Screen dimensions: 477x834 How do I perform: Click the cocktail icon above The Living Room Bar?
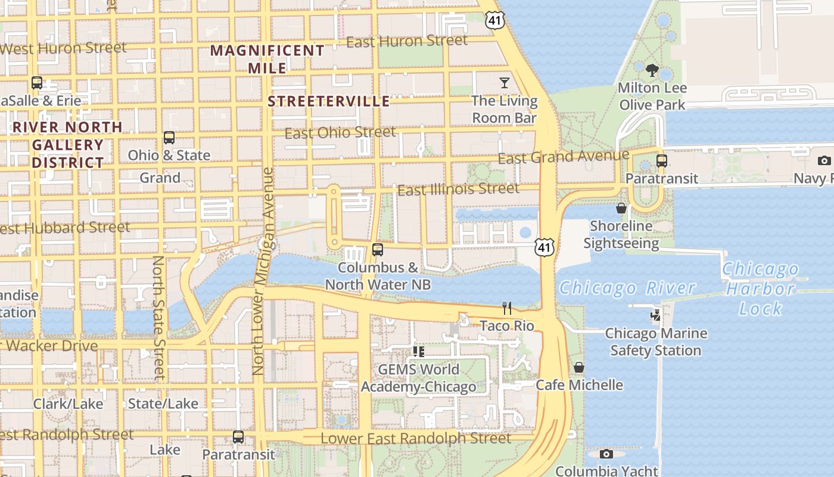505,82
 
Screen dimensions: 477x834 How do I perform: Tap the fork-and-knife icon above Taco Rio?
507,308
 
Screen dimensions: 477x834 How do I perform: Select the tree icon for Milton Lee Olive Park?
652,70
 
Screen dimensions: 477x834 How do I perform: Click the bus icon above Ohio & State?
169,138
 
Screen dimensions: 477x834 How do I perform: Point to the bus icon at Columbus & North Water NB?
377,250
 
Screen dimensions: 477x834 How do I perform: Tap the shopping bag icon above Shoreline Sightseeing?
621,208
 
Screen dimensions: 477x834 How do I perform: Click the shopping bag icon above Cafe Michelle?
579,367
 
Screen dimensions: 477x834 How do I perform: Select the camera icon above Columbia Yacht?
606,454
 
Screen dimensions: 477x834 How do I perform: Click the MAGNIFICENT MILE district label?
267,59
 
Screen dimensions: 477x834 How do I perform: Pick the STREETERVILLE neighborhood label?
329,101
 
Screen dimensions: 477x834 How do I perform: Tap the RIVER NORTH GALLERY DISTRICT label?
67,145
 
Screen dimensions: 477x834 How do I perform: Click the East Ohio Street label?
340,132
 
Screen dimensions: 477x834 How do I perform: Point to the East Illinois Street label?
458,190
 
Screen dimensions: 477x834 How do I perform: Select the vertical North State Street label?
158,317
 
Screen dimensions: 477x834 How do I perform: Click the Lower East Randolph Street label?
416,438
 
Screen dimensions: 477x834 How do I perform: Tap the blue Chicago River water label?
627,289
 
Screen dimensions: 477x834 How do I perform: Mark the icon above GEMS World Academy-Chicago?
419,352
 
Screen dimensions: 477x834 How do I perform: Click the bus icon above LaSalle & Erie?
37,83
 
